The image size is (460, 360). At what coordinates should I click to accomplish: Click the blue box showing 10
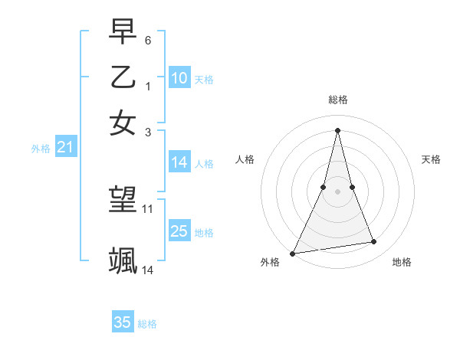click(x=179, y=78)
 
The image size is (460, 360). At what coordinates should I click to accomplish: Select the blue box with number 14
click(x=179, y=162)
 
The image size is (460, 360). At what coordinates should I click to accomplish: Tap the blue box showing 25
click(x=179, y=231)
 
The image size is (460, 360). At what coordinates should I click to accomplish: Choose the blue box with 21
click(x=65, y=148)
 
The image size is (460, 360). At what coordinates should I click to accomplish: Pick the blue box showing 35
click(x=123, y=322)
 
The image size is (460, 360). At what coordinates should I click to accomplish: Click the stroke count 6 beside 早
click(x=148, y=39)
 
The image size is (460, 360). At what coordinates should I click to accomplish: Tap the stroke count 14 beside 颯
click(x=148, y=270)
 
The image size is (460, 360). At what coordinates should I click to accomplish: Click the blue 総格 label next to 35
click(x=147, y=324)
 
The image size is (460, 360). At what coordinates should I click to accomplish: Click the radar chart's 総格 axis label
click(x=337, y=100)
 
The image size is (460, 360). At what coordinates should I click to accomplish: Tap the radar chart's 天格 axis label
click(x=431, y=159)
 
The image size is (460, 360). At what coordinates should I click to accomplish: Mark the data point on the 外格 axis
click(x=292, y=253)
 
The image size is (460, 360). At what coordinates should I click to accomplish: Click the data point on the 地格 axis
click(x=374, y=242)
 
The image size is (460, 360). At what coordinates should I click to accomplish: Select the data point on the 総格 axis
click(x=337, y=129)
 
